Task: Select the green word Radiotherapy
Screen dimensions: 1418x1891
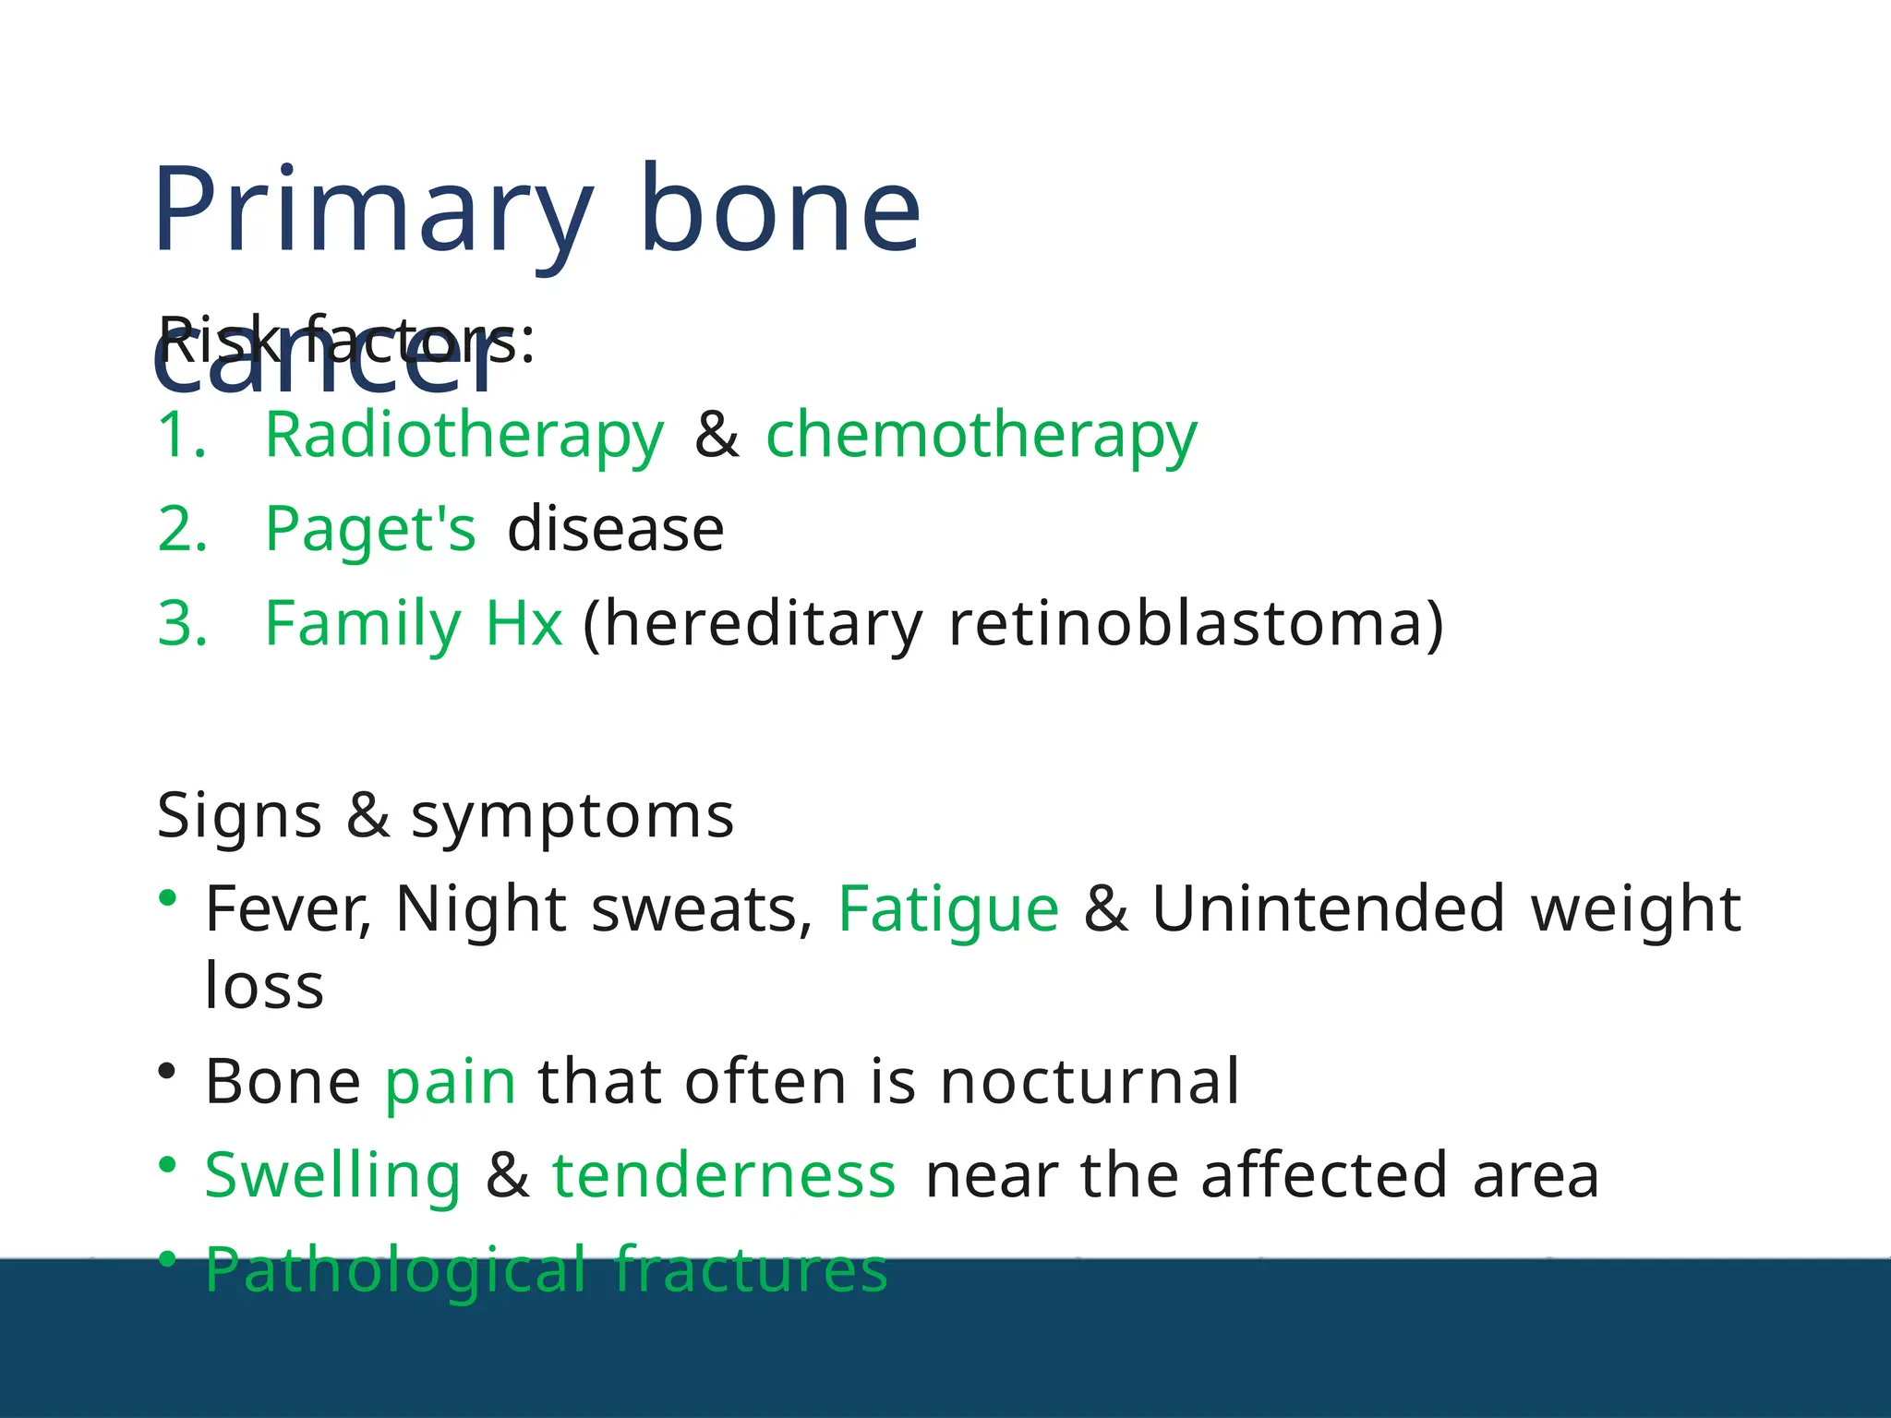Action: point(464,435)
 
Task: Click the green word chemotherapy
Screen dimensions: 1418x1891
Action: point(981,435)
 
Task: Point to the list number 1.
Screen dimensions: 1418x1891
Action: point(181,435)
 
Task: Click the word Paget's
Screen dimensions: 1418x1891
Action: point(370,530)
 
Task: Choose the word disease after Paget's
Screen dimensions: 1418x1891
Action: point(616,530)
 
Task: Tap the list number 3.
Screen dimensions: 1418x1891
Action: point(182,624)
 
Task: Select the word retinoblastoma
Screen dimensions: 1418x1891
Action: point(1195,624)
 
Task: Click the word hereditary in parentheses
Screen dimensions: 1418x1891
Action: point(753,624)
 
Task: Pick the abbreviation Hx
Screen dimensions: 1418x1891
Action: point(524,624)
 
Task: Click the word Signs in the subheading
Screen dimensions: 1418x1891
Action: point(238,817)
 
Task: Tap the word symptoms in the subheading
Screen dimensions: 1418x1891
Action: point(572,817)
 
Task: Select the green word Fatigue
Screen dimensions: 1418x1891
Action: point(948,910)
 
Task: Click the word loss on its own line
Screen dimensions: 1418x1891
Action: point(264,986)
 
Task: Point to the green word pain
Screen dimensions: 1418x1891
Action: point(450,1082)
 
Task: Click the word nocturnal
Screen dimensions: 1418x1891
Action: point(1090,1082)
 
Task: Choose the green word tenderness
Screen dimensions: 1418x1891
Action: point(723,1176)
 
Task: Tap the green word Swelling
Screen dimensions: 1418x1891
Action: point(332,1176)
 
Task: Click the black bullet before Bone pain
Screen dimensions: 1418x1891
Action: point(167,1071)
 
